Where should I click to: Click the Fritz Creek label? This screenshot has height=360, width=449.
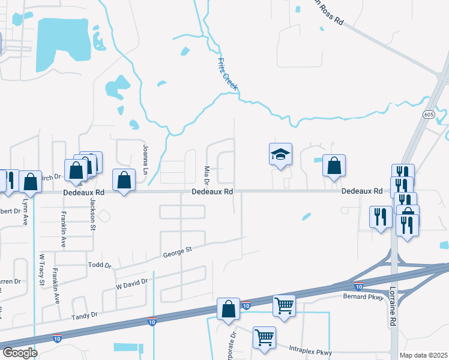coord(228,74)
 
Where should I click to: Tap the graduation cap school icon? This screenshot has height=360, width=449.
coord(280,154)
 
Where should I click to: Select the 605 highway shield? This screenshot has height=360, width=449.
coord(428,114)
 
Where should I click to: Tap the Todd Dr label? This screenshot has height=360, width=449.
coord(100,265)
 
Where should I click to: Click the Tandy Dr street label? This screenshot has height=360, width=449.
coord(85,316)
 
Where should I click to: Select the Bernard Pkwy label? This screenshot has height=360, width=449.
coord(363,296)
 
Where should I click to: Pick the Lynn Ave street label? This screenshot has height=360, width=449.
coord(26,211)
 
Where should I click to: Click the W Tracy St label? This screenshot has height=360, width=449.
coord(42,270)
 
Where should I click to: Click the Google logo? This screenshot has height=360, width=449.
coord(20,353)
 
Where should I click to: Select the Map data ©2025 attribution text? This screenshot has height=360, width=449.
coord(423,355)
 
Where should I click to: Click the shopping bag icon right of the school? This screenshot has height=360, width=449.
coord(334,166)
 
